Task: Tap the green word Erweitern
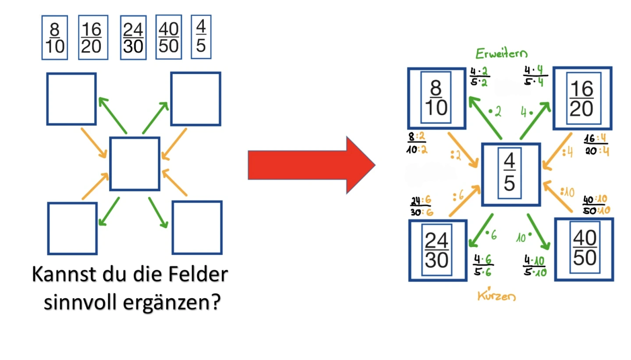pos(501,54)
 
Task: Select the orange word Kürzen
pos(496,296)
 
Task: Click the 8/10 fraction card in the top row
pos(54,38)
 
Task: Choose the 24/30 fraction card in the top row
pos(133,38)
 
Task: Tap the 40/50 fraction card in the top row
pos(169,37)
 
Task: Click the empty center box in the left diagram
pos(135,164)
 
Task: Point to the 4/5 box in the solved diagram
pos(510,174)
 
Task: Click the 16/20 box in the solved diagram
pos(582,99)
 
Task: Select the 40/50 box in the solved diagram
pos(585,249)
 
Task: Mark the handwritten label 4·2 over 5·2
pos(479,77)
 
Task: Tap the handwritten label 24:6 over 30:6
pos(421,206)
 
